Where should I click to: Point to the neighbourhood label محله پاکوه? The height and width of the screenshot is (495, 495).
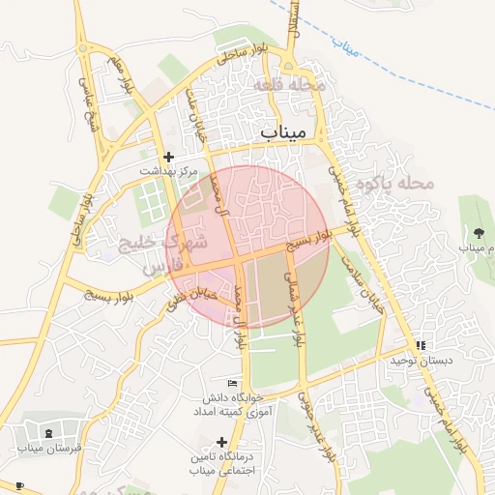[392, 183]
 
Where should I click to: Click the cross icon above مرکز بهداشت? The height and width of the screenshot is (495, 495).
[168, 156]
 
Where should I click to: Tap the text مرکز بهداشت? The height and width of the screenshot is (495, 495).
[168, 171]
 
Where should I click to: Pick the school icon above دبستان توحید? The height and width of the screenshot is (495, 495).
[420, 345]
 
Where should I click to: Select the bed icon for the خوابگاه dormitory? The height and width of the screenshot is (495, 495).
[230, 384]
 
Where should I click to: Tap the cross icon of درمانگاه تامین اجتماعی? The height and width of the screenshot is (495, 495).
[221, 441]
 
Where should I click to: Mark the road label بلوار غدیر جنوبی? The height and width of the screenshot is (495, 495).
[317, 424]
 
